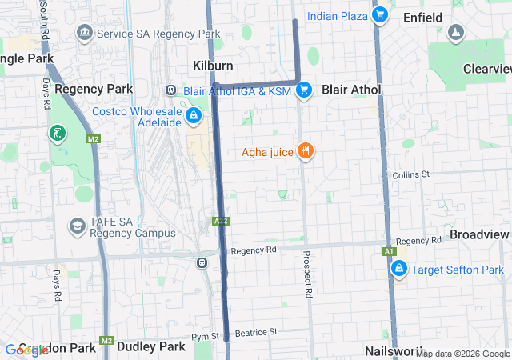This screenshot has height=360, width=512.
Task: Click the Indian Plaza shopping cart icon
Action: (380, 15)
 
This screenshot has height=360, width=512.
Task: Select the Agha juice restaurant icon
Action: (304, 151)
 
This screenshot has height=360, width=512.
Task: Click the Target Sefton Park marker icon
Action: (398, 270)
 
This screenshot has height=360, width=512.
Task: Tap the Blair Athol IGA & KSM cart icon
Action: (303, 91)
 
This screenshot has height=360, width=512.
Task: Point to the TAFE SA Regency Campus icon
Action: (77, 226)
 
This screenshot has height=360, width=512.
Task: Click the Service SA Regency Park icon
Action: (84, 34)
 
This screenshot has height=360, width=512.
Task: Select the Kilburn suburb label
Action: (212, 65)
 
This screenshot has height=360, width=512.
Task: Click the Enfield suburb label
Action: (423, 16)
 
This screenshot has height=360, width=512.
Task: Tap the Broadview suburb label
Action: (479, 234)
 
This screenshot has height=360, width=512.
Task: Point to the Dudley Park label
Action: (151, 346)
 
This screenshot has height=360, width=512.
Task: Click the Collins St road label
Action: (411, 174)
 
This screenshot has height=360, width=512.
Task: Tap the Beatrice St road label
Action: (256, 331)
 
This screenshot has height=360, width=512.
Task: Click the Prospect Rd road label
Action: (307, 275)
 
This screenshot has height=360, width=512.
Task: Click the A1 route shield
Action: (390, 252)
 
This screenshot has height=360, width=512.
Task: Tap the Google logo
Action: (26, 350)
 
